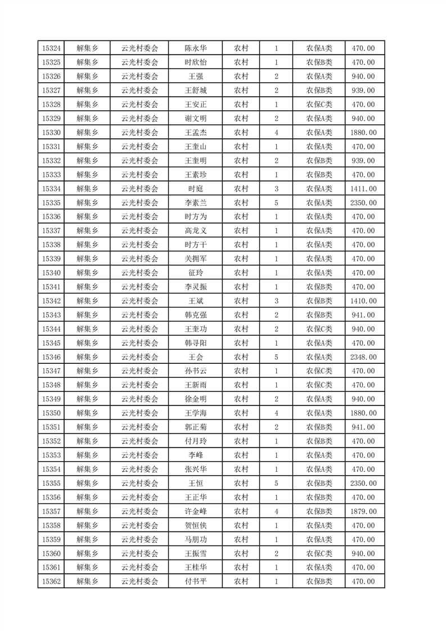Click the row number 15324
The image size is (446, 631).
coord(51,48)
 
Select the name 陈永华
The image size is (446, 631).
coord(195,48)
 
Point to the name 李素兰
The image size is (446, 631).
coord(195,203)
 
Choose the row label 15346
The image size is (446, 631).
coord(51,357)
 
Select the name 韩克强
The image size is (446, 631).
coord(195,315)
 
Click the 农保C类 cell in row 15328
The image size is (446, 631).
coord(319,105)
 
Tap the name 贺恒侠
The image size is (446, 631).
coord(195,525)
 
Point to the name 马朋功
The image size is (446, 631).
coord(195,539)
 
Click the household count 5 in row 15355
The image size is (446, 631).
coord(276,483)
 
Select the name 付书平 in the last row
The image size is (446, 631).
coord(195,582)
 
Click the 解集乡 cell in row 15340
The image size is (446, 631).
coord(87,273)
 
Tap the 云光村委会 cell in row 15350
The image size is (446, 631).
coord(140,413)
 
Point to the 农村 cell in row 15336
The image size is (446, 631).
coord(241,217)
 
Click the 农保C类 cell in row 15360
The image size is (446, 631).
coord(319,553)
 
